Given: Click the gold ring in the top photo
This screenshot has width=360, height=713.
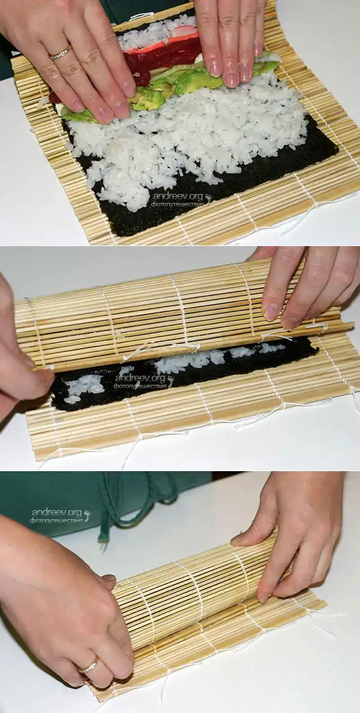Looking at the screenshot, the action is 61,53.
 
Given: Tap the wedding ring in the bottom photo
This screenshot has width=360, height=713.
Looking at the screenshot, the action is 89,665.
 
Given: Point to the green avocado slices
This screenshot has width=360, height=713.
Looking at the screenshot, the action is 173,86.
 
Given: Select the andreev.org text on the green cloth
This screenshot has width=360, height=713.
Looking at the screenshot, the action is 57,513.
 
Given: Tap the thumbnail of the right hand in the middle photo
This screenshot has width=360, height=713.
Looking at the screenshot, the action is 271,311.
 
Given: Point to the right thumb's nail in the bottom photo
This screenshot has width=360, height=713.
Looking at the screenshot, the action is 238,540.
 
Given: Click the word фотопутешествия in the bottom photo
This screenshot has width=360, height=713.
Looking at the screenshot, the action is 57,520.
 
